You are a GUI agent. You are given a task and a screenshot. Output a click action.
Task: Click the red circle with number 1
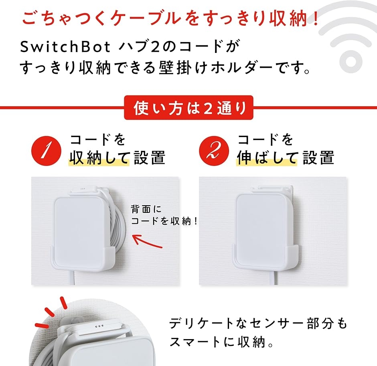click(x=46, y=150)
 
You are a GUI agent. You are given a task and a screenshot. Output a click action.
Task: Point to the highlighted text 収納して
click(x=99, y=158)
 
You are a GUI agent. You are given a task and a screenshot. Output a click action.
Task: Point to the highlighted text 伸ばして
click(x=267, y=158)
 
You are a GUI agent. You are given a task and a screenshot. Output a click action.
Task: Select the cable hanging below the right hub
click(x=276, y=277)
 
